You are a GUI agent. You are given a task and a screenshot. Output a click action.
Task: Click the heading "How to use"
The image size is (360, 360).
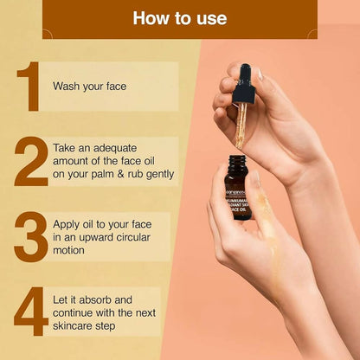(180, 18)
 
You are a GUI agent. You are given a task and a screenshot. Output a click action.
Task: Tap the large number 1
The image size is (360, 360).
(29, 87)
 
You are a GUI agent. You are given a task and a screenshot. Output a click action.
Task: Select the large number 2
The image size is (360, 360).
(30, 161)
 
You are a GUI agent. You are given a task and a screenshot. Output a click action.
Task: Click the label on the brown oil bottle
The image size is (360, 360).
(237, 191)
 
